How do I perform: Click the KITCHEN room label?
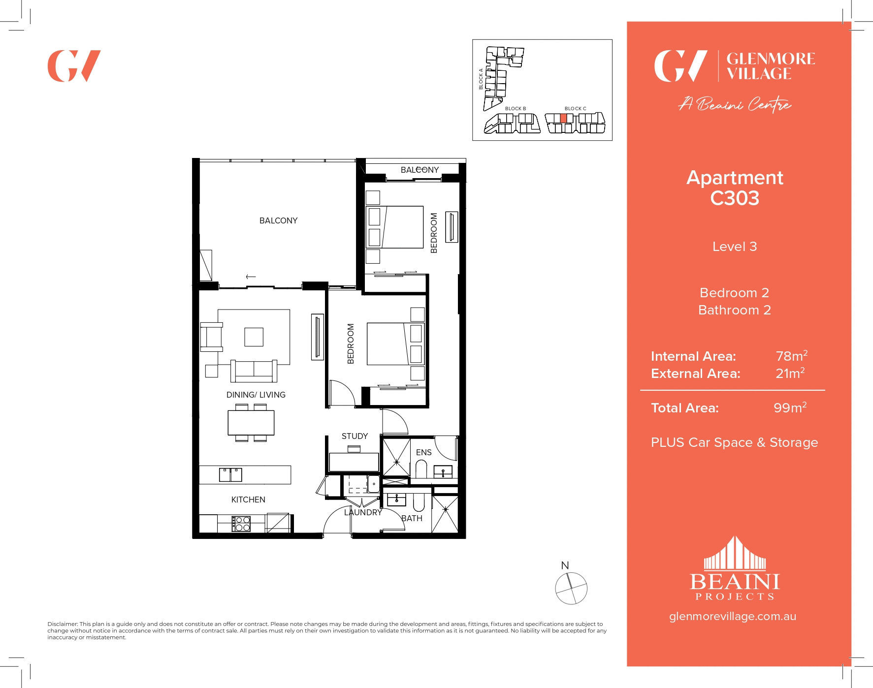[x=248, y=500]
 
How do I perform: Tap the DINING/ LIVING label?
[x=256, y=395]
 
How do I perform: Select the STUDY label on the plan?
[x=355, y=436]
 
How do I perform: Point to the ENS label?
[x=423, y=452]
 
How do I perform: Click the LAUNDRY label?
[x=363, y=512]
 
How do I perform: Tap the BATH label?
[x=412, y=518]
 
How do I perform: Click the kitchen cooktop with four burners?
[x=241, y=524]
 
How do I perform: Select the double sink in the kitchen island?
[x=230, y=475]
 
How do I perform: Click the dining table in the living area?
[x=251, y=423]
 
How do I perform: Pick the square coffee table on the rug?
[x=254, y=337]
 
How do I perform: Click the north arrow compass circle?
[x=571, y=588]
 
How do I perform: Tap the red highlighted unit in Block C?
[x=563, y=118]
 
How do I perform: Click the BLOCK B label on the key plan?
[x=515, y=109]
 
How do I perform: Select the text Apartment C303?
[x=734, y=188]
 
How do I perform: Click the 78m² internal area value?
[x=791, y=356]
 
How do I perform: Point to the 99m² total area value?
[x=789, y=407]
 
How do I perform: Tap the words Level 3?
[x=734, y=247]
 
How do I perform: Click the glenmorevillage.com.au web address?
[x=732, y=616]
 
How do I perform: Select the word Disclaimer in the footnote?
[x=62, y=624]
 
